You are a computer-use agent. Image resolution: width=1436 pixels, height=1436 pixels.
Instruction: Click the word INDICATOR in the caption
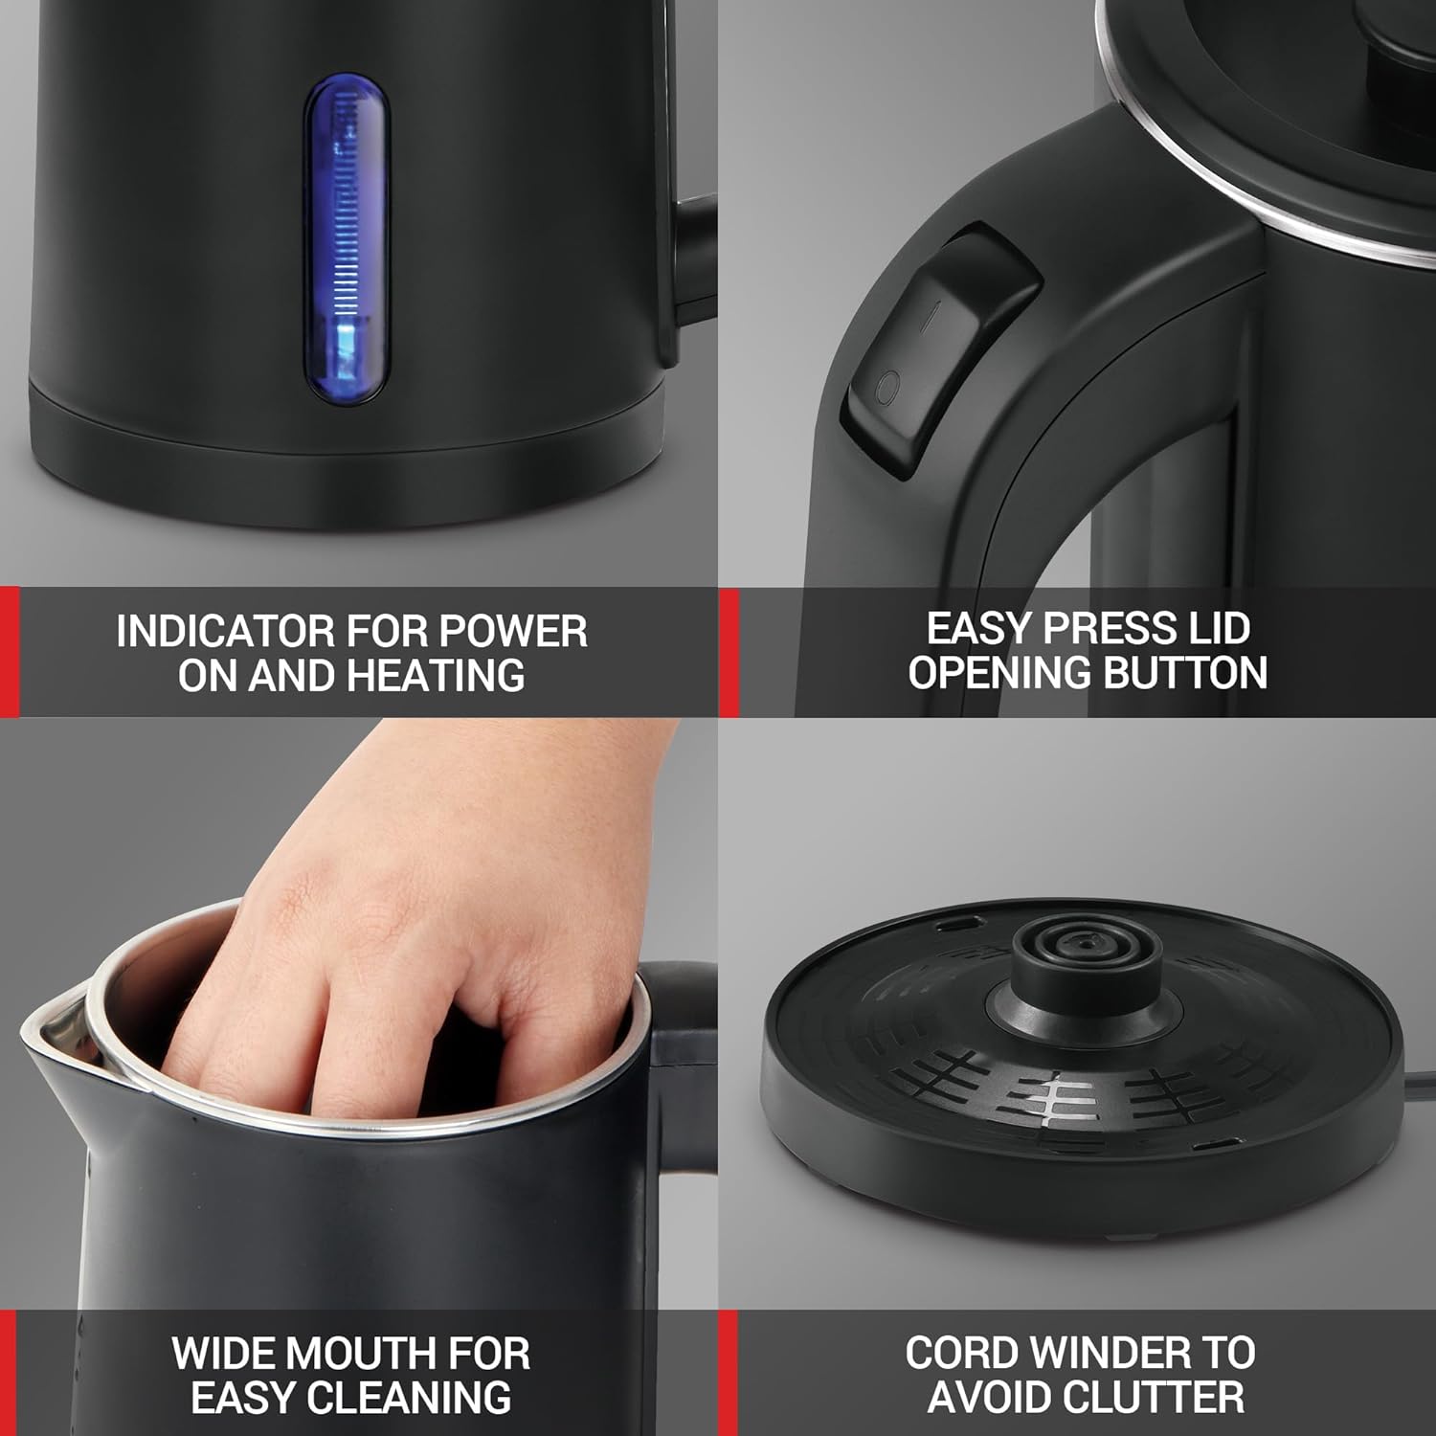coord(224,632)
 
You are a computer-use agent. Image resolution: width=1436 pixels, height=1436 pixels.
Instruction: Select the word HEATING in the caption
coord(436,676)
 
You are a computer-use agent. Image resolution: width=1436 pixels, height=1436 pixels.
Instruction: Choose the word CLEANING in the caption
coord(419,1399)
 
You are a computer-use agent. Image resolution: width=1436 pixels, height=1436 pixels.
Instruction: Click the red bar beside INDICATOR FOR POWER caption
coord(10,652)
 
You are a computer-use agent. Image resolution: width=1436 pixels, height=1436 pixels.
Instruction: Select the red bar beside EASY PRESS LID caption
coord(729,652)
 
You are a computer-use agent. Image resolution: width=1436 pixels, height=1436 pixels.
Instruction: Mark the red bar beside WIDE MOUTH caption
coord(9,1373)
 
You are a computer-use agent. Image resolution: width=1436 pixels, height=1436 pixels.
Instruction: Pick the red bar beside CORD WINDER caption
coord(729,1373)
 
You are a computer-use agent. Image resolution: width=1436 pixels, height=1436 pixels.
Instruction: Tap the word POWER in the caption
coord(514,632)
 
